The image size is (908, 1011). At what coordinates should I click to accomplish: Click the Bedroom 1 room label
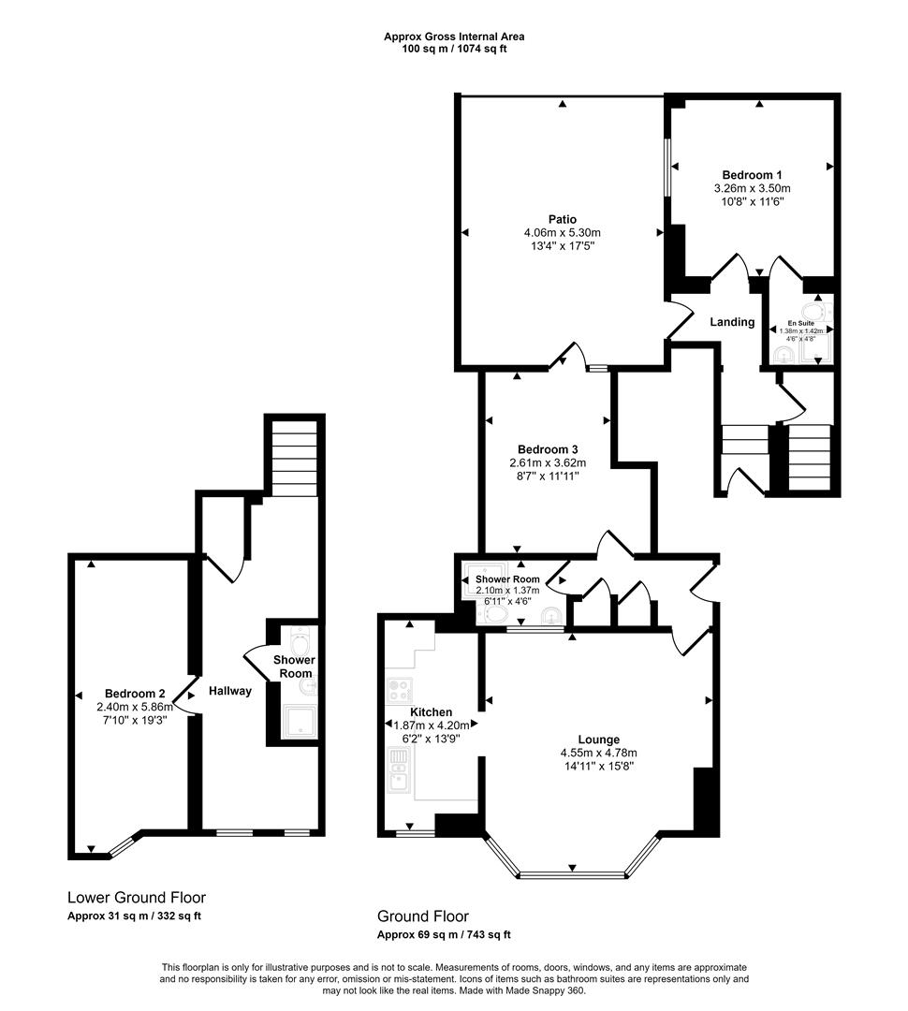752,175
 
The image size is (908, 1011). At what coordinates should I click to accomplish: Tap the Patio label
562,220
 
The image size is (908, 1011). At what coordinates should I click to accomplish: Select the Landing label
732,322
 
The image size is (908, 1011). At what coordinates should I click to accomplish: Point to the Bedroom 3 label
547,448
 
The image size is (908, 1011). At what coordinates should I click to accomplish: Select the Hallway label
230,691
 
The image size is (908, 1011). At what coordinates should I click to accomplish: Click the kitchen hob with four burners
400,691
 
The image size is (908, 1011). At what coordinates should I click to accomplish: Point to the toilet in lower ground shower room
300,643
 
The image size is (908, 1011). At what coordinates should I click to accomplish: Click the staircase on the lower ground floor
294,458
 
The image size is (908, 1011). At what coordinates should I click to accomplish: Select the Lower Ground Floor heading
137,897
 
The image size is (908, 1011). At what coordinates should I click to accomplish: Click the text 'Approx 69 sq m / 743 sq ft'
444,934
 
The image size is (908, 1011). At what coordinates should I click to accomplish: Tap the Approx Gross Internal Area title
454,37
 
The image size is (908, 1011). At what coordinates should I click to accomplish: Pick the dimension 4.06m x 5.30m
562,233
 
